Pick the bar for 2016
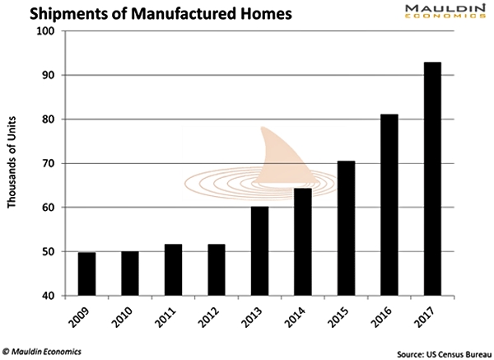389,205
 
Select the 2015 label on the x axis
347,316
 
